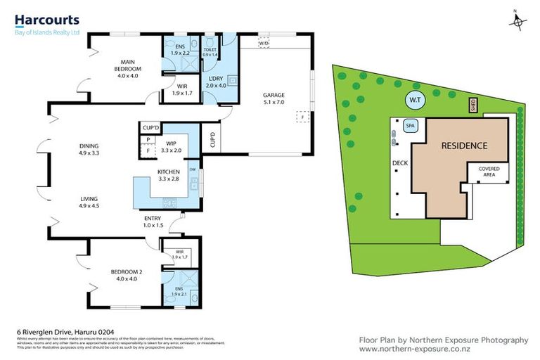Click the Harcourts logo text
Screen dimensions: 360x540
(x=47, y=20)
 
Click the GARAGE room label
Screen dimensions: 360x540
(x=273, y=95)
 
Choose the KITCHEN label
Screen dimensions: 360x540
(x=169, y=171)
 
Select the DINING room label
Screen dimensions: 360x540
(x=89, y=147)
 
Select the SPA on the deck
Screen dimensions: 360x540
(x=411, y=126)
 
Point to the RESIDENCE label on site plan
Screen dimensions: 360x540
(x=463, y=146)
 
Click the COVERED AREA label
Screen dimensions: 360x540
(x=489, y=172)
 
